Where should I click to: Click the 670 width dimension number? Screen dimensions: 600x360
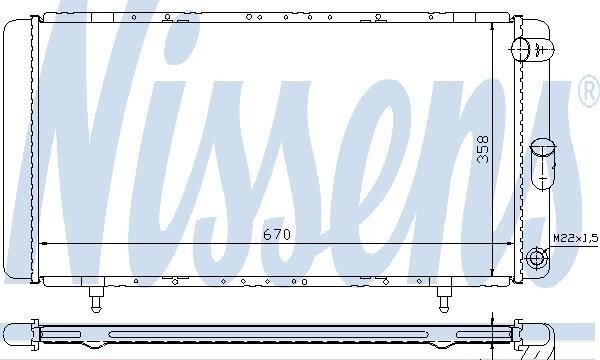(x=277, y=234)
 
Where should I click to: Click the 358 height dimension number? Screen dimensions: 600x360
(x=483, y=149)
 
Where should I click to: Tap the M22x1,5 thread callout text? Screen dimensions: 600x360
(x=576, y=239)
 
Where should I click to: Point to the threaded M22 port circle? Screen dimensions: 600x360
(x=536, y=257)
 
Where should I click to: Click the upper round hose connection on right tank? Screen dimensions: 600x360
(x=520, y=49)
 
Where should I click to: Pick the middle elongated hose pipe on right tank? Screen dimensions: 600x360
(x=543, y=164)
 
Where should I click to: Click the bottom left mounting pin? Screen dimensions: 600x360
(x=96, y=299)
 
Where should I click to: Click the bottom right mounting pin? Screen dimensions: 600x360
(x=444, y=299)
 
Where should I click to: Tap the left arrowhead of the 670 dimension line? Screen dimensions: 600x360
(x=44, y=243)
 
